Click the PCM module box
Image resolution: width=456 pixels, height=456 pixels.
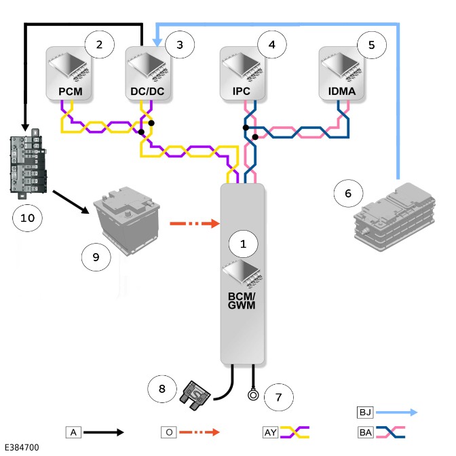click(69, 73)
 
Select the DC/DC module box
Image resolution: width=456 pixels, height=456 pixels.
click(148, 73)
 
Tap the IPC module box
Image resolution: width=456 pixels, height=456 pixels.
click(242, 73)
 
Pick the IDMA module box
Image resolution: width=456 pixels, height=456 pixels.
click(341, 73)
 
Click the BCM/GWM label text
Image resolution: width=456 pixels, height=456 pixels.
click(242, 301)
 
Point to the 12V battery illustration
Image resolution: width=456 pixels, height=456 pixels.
click(127, 220)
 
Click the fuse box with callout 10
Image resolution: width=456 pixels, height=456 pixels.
click(28, 164)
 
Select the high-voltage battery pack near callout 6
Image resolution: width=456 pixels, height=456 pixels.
click(394, 216)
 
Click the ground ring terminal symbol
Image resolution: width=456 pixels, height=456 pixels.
click(253, 395)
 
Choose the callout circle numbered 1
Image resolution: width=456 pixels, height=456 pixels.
click(243, 244)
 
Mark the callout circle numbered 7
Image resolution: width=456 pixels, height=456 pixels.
click(279, 397)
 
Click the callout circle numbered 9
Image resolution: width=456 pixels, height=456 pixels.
click(96, 257)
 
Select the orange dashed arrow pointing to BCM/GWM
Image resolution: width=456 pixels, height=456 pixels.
click(195, 223)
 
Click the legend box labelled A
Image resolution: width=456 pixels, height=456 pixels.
click(73, 432)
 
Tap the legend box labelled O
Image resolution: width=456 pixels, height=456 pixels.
click(169, 432)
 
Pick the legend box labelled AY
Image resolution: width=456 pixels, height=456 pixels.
click(271, 432)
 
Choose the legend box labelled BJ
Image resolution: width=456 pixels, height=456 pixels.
click(365, 413)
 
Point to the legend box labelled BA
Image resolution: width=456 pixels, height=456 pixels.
click(365, 432)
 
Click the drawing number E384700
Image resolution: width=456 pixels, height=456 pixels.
click(22, 447)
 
